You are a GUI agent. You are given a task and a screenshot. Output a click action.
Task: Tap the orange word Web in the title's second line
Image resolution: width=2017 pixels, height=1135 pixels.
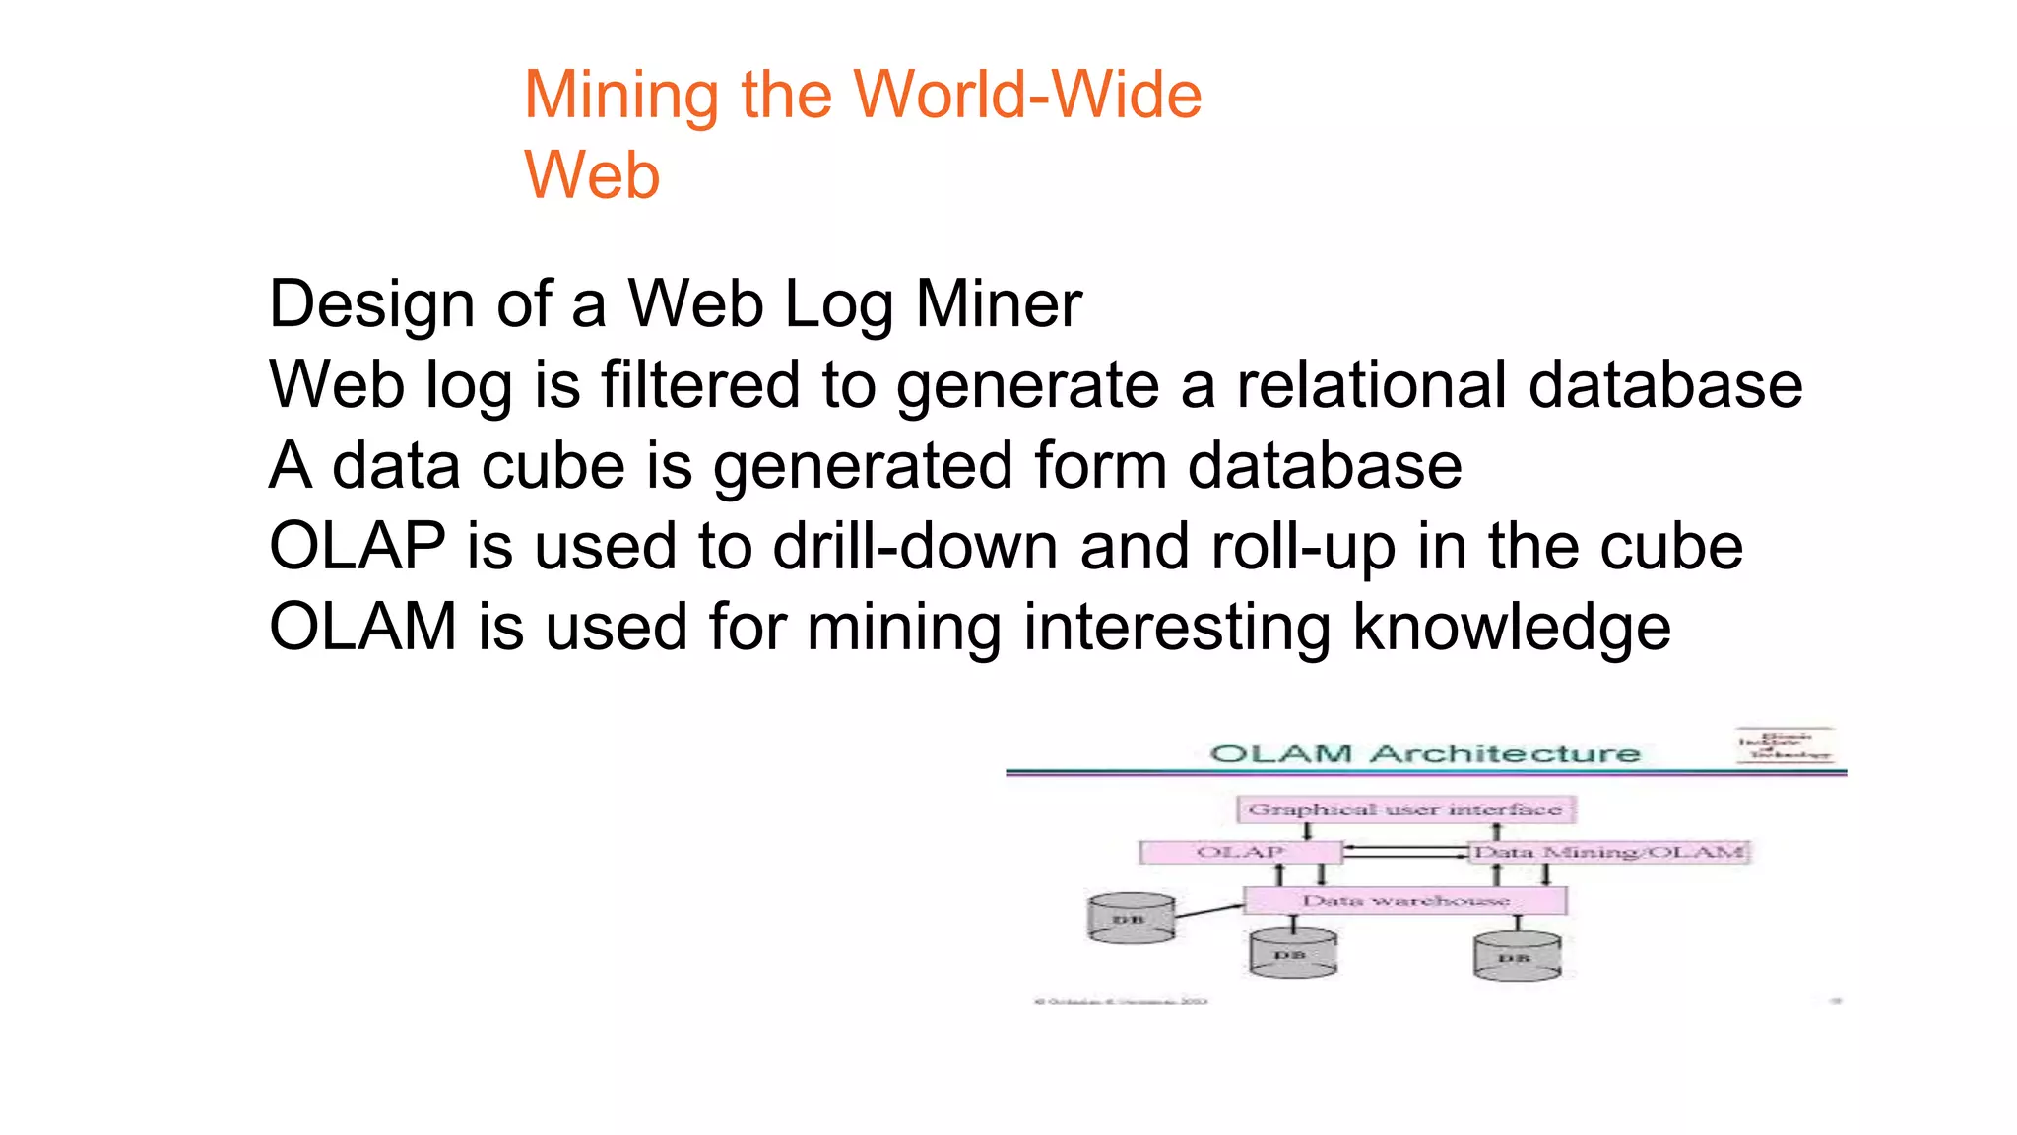(592, 175)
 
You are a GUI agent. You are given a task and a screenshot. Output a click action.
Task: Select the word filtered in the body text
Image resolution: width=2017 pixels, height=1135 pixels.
(700, 384)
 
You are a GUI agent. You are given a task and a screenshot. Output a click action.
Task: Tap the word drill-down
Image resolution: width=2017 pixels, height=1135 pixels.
(915, 546)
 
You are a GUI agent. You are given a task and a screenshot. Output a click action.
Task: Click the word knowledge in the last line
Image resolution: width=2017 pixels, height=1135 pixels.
(1512, 627)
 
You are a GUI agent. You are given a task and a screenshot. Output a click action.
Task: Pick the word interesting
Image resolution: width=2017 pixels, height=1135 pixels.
(1177, 627)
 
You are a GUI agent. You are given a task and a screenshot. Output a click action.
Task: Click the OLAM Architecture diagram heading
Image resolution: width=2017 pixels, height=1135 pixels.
(1425, 754)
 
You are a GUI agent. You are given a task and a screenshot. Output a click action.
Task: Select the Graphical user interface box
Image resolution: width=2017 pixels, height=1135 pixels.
(1405, 810)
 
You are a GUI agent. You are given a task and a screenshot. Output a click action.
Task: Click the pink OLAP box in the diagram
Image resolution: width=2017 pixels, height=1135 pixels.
(1240, 852)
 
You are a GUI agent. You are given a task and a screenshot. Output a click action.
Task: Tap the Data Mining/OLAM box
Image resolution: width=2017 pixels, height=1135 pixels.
(1608, 852)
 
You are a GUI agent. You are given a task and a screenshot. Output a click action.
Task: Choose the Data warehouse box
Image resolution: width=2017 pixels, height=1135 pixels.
(1405, 901)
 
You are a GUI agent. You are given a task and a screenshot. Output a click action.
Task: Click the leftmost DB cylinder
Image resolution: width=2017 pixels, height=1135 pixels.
(1131, 919)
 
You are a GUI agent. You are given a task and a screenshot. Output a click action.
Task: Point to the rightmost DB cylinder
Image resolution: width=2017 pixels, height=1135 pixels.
(1517, 958)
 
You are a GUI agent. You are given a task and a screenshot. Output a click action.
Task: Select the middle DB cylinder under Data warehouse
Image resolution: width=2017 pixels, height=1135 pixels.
(1292, 955)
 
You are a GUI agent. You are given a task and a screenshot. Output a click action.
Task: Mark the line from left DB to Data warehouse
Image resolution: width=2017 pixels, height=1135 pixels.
(1208, 911)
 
